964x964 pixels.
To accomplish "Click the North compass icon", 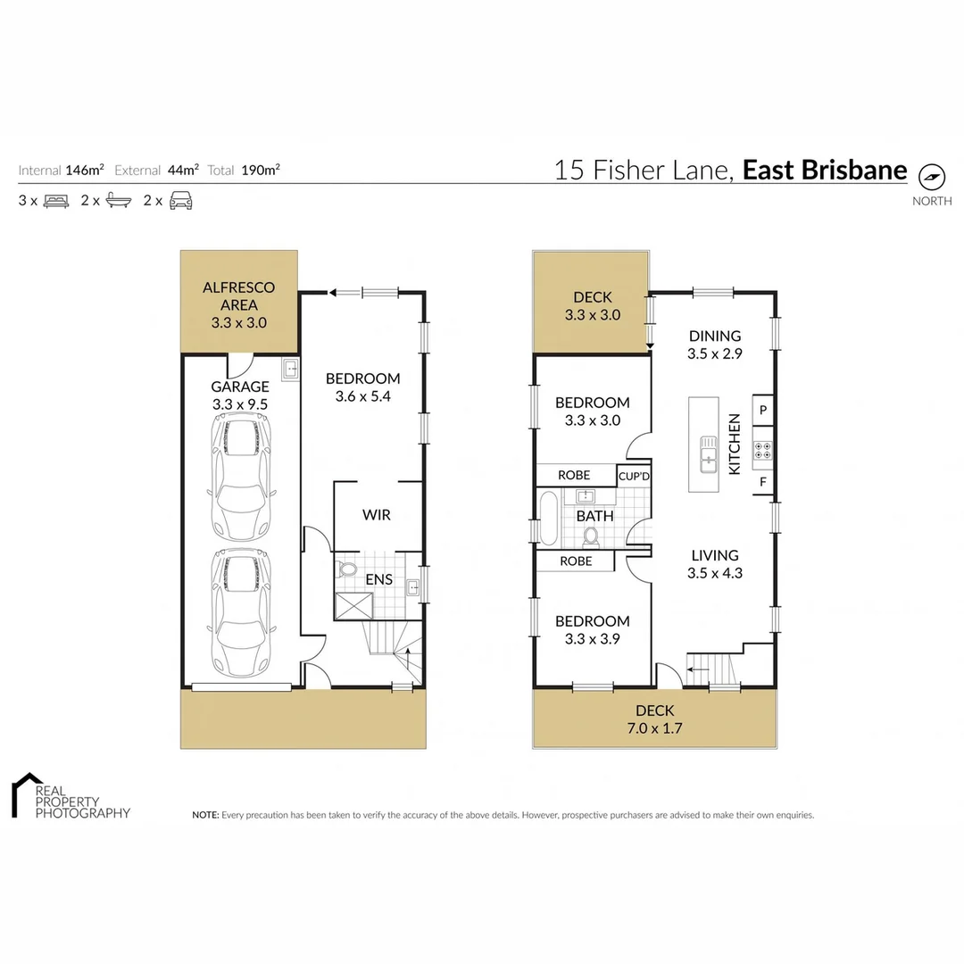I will coord(932,177).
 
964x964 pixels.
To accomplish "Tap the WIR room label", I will coord(376,515).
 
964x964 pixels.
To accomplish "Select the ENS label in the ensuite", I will coord(378,579).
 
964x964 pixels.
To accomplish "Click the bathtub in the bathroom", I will coord(548,518).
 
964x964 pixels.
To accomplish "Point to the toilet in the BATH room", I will coord(590,536).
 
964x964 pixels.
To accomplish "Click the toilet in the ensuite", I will coord(348,569).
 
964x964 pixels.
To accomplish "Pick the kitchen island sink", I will coord(708,453).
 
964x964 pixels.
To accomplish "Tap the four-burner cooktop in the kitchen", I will coord(763,450).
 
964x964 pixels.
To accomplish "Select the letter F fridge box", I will coord(763,483).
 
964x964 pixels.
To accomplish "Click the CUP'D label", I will coord(634,476).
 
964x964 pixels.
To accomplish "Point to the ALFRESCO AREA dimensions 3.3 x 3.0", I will coord(239,323).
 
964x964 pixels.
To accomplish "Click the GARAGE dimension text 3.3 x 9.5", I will coord(239,403).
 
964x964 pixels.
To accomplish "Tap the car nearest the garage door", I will coord(240,613).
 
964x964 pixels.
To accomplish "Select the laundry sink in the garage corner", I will coord(289,369).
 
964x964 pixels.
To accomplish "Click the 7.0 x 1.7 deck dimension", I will coord(655,727).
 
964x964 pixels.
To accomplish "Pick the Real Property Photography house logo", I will coord(27,794).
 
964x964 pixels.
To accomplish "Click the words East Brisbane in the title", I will coord(824,170).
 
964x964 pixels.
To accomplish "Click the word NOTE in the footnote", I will coord(205,815).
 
